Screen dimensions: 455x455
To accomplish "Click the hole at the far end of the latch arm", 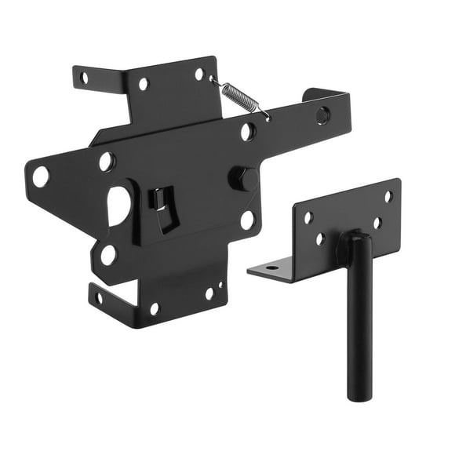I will point(322,115).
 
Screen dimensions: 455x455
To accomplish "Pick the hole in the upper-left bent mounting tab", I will point(84,77).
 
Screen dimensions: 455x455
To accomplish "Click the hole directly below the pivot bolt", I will point(247,220).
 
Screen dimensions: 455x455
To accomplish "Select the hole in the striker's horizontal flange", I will point(271,268).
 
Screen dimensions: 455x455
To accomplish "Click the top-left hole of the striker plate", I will point(308,217).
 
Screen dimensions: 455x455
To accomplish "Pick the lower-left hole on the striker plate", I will point(319,239).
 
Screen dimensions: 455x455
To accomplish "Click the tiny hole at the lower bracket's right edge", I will point(220,286).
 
